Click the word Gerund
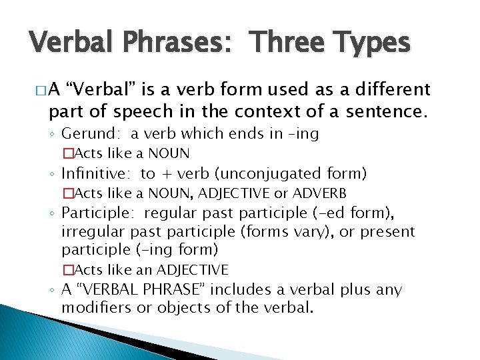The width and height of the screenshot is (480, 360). (85, 134)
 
